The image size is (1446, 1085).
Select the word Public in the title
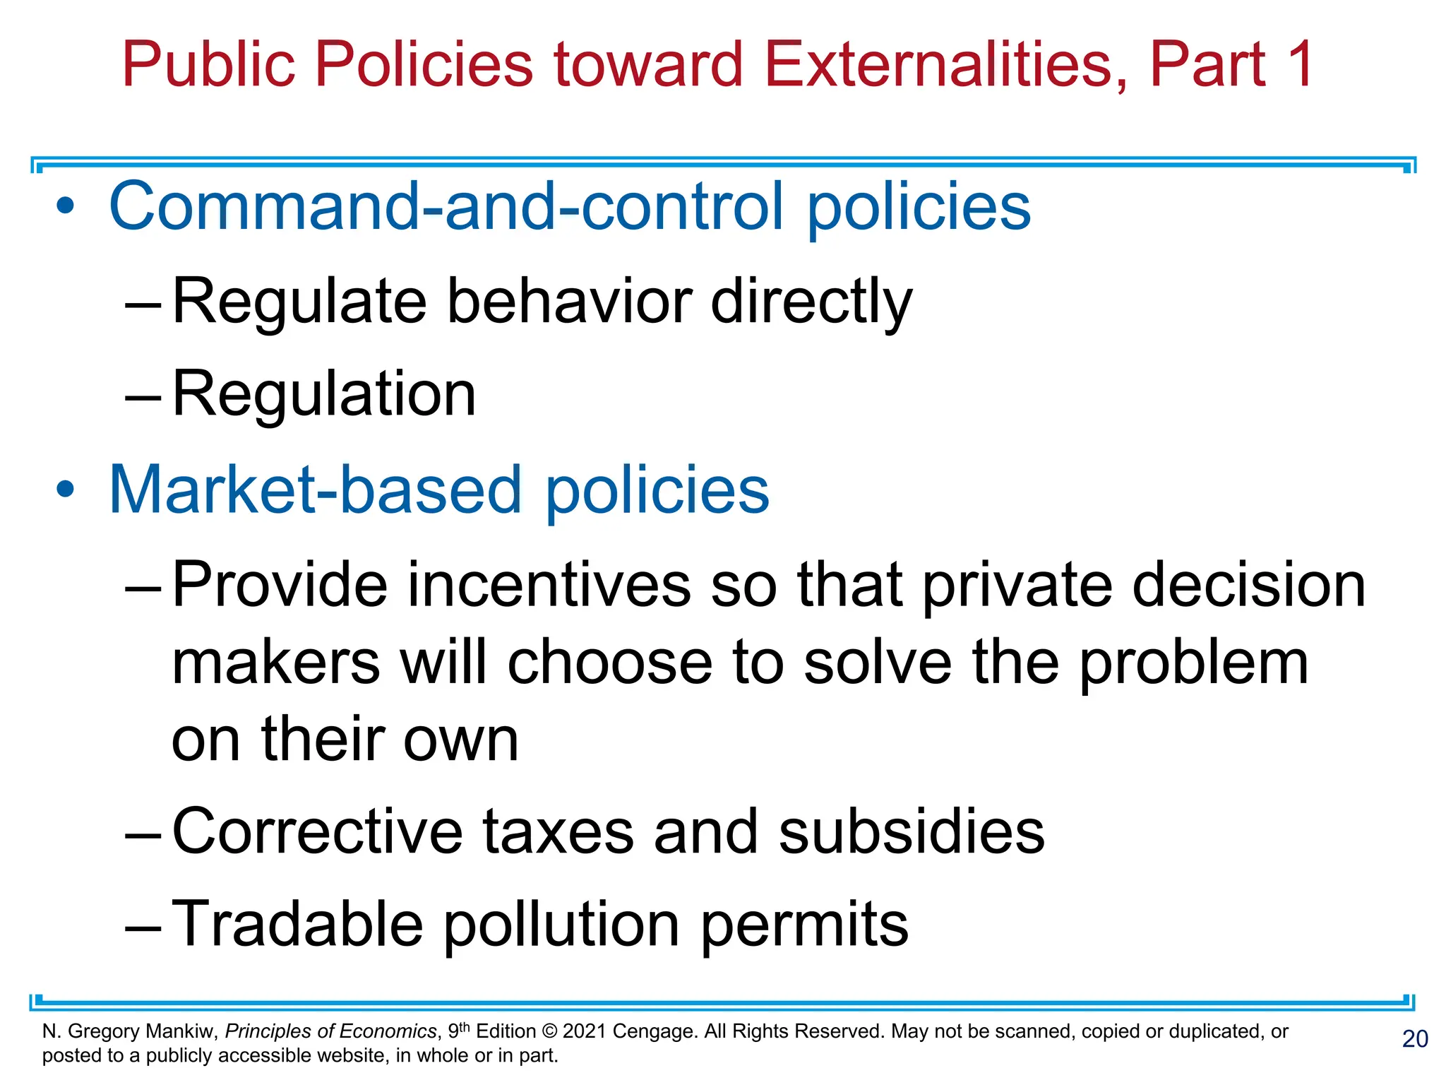point(208,64)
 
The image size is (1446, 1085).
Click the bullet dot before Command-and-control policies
point(66,206)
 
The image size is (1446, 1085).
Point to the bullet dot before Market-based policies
point(66,490)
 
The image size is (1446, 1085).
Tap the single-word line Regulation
point(324,393)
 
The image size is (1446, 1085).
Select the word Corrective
point(317,831)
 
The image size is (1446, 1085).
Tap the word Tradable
point(297,924)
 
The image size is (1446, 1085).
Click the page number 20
point(1415,1039)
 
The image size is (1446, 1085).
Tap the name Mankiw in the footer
point(181,1031)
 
